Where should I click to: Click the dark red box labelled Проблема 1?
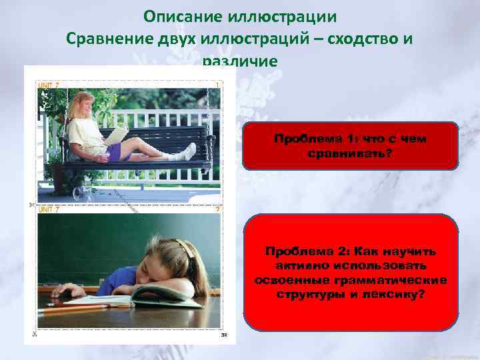point(350,145)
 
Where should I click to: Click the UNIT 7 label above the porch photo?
point(49,86)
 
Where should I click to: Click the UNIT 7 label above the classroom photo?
point(49,209)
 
